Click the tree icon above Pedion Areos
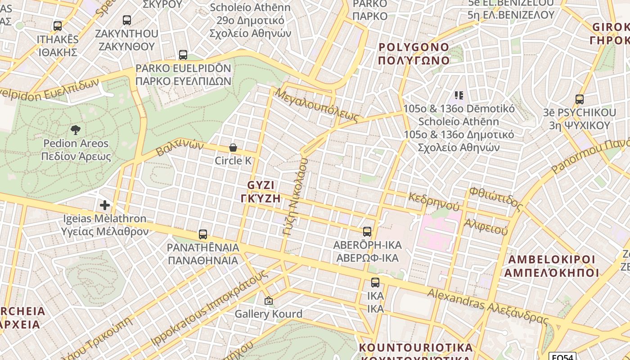click(76, 130)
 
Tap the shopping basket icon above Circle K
click(233, 148)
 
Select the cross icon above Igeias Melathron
click(105, 206)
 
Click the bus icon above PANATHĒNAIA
click(203, 234)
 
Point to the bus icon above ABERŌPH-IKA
click(367, 232)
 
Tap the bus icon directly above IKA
click(375, 283)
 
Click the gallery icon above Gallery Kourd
click(269, 300)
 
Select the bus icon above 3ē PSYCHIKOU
click(580, 99)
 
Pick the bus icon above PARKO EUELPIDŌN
click(183, 55)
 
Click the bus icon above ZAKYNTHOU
click(127, 20)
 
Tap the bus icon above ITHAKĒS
click(58, 26)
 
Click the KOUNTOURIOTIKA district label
click(416, 348)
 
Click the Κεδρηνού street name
click(434, 202)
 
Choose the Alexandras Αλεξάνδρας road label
click(488, 306)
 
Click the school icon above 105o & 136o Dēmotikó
click(459, 95)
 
